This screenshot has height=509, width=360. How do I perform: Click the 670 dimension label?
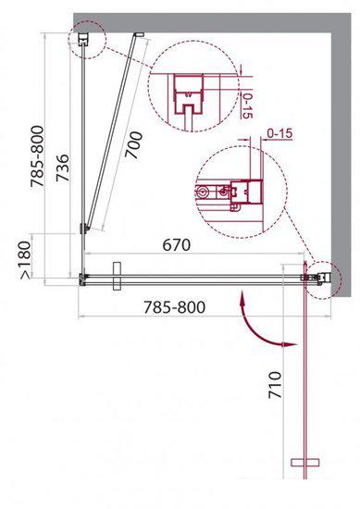click(176, 244)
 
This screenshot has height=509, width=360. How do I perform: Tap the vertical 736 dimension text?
click(63, 168)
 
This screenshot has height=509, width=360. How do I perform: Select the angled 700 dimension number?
click(135, 144)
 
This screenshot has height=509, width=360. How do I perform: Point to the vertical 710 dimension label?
click(275, 385)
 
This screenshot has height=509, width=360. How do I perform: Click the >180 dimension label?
click(25, 260)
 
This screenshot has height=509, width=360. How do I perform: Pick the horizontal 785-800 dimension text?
click(174, 307)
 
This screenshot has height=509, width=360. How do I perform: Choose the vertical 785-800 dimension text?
click(37, 156)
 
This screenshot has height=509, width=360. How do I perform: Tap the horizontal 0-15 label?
click(279, 133)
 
